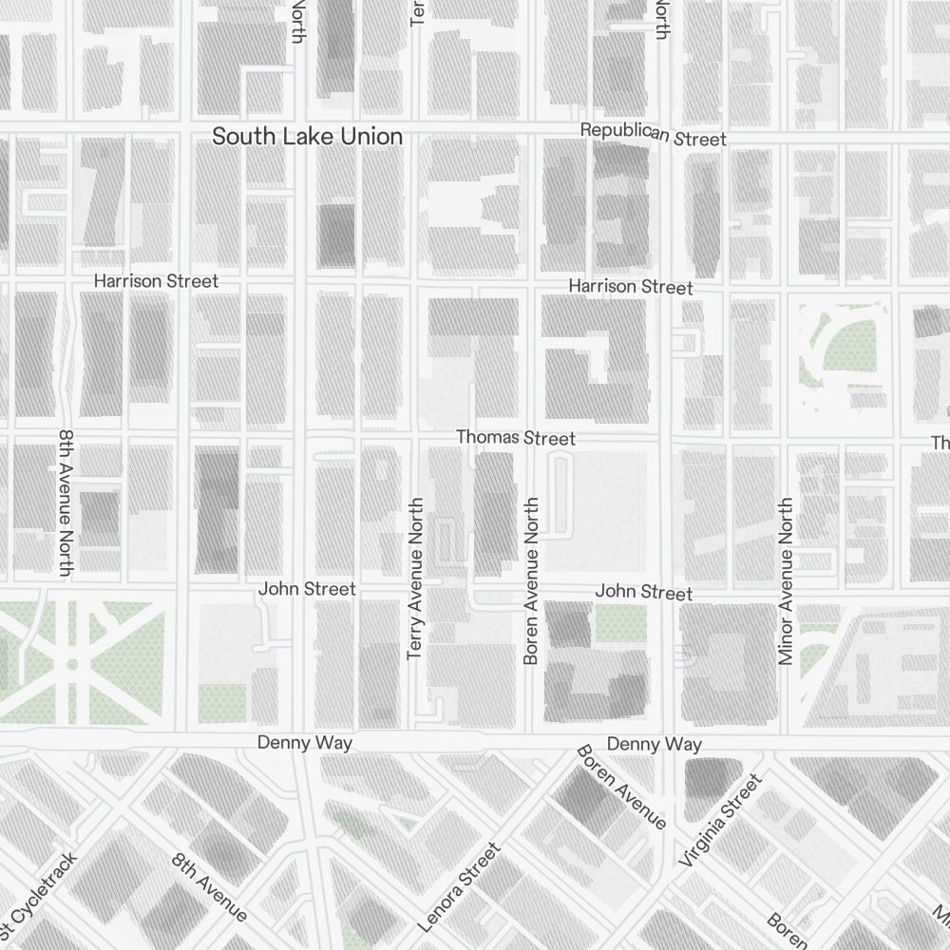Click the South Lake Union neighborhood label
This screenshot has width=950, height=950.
307,137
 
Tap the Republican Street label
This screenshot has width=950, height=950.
654,134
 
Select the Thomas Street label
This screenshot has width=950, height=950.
516,438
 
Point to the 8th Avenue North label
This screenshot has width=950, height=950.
66,503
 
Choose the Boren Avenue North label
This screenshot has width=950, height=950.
531,580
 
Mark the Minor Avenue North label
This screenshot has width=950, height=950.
785,580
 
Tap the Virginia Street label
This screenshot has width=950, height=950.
721,820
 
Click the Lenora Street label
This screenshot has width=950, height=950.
459,887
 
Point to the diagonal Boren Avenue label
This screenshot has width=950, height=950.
622,787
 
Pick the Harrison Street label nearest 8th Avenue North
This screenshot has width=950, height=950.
156,281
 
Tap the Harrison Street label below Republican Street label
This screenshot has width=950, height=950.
631,286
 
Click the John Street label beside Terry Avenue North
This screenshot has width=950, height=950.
307,589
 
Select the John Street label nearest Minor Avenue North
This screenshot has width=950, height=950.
644,592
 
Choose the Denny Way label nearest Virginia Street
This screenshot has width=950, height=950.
655,744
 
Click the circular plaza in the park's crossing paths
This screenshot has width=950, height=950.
71,661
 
